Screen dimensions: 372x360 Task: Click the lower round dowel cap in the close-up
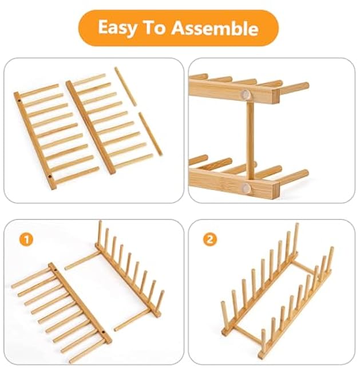pos(246,187)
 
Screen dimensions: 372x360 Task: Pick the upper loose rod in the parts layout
pos(125,86)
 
